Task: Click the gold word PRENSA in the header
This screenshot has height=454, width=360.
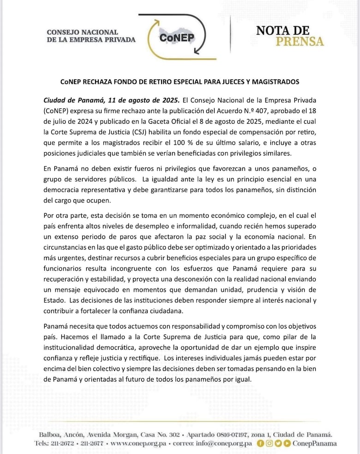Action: (300, 42)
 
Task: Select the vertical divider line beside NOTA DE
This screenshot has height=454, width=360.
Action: (230, 34)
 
